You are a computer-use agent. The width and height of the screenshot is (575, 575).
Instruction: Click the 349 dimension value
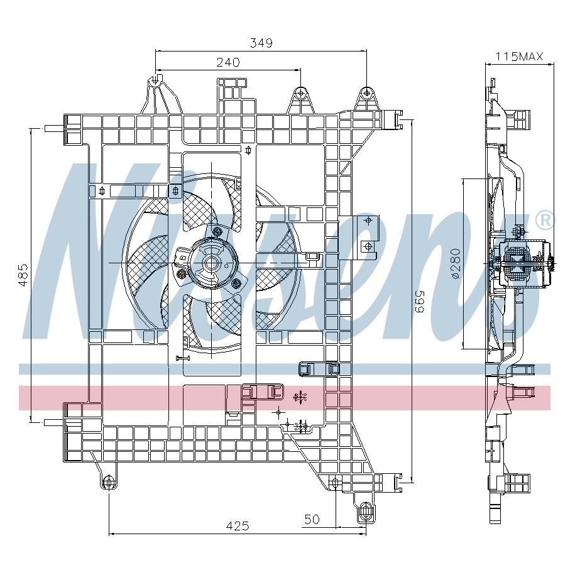tap(261, 43)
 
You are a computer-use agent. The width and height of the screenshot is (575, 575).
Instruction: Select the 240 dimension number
tap(228, 62)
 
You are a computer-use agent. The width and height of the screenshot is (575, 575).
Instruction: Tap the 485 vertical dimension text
tap(23, 275)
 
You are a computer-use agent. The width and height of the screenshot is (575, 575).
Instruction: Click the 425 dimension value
tap(238, 526)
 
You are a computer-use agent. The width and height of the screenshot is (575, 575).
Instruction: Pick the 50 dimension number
tap(312, 519)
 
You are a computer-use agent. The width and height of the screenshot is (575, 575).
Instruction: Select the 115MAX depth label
tap(519, 56)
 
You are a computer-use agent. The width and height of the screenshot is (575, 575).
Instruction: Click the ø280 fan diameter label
tap(455, 264)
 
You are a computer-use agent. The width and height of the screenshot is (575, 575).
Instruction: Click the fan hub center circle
tap(212, 263)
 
